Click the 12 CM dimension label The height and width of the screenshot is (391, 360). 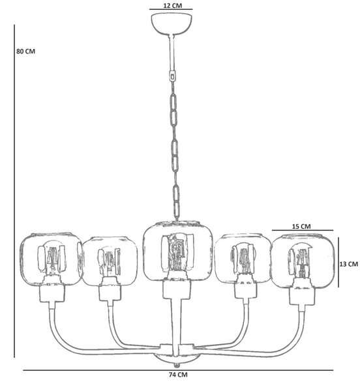tap(172, 5)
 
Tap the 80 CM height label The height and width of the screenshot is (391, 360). tap(25, 51)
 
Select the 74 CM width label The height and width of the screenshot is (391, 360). tap(178, 375)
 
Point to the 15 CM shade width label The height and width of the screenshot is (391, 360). tap(301, 226)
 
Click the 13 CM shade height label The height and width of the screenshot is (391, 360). tap(348, 264)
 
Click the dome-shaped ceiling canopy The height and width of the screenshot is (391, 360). tap(172, 23)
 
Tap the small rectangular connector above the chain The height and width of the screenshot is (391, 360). tap(173, 76)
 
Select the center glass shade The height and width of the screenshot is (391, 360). tap(178, 250)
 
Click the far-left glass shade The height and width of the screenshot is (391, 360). tap(51, 259)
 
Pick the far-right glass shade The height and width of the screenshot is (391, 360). tap(303, 261)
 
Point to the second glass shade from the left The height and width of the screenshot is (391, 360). tap(110, 261)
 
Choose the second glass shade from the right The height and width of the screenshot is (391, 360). tap(243, 258)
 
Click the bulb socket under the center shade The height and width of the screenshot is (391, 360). tap(177, 289)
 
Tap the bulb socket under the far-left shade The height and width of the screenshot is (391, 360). tap(52, 293)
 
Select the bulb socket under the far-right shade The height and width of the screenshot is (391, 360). tap(302, 296)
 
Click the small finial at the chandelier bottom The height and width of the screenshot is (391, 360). tap(177, 365)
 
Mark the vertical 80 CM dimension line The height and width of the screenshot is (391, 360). tap(14, 191)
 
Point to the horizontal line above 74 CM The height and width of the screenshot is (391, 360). tap(178, 370)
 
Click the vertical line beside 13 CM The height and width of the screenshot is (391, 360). tap(338, 262)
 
